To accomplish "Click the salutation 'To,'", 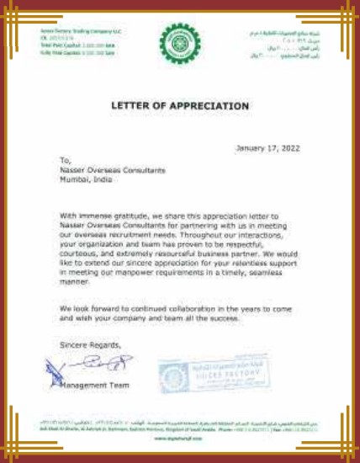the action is pos(65,159).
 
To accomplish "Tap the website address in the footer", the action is pos(179,439).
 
